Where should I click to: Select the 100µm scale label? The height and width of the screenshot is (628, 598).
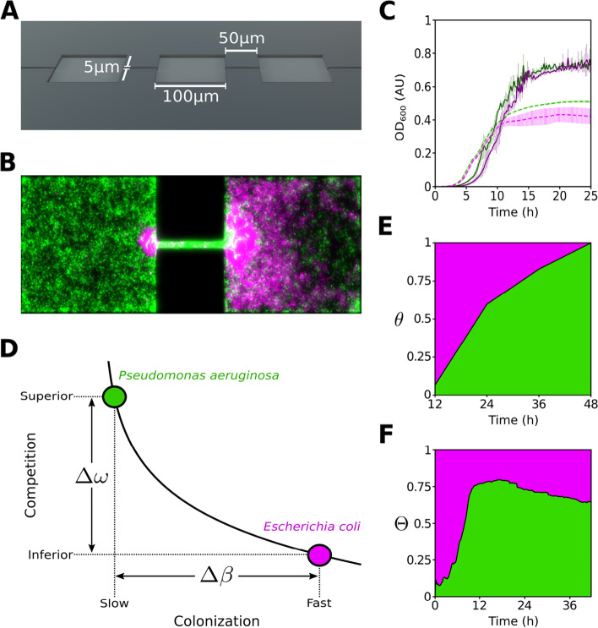pyautogui.click(x=190, y=96)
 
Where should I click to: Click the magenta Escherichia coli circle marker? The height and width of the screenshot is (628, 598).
pyautogui.click(x=319, y=554)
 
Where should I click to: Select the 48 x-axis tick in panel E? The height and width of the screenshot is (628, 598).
pyautogui.click(x=591, y=407)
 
